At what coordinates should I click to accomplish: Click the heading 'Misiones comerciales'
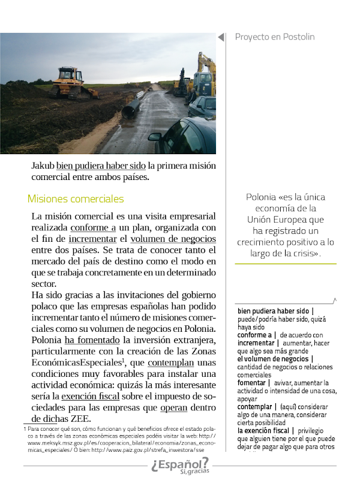tap(76, 199)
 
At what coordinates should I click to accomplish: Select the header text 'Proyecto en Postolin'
tap(275, 37)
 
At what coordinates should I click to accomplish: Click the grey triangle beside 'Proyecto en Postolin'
tap(221, 37)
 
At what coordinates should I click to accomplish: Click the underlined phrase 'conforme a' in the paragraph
tap(93, 228)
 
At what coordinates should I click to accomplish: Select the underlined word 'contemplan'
tap(170, 363)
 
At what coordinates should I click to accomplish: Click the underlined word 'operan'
tap(174, 408)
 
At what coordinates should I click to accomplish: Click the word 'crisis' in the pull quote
tap(304, 253)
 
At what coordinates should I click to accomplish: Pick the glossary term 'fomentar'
tap(252, 382)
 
